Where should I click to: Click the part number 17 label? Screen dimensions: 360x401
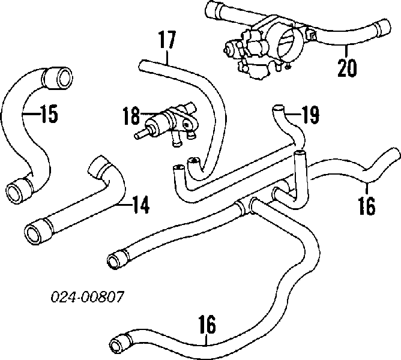tap(167, 41)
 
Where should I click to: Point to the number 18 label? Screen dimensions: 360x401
tap(131, 115)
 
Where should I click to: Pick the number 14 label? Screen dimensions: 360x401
tap(139, 205)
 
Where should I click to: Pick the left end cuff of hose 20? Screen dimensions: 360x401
tap(213, 10)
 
